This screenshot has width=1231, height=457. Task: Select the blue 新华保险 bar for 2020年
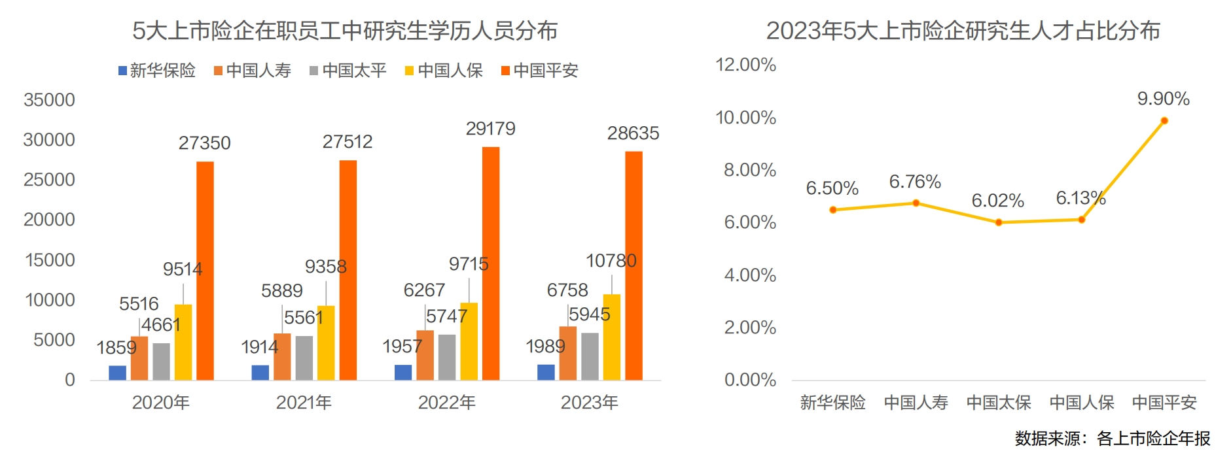(117, 373)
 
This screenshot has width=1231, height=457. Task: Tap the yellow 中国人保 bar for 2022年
(469, 341)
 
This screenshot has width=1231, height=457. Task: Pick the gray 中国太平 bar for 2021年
(304, 358)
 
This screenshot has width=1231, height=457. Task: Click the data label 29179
(490, 129)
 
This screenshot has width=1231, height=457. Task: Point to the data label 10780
(611, 261)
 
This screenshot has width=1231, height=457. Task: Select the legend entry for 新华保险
(157, 71)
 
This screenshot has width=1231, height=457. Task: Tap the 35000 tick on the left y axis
(49, 100)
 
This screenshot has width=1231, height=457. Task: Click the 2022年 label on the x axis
(447, 403)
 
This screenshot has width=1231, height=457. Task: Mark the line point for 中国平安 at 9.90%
(1164, 121)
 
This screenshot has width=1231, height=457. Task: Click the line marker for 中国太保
(999, 222)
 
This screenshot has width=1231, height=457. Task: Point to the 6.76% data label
(914, 182)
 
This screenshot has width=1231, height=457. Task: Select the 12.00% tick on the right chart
(745, 65)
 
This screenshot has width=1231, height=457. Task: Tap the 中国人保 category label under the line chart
(1081, 403)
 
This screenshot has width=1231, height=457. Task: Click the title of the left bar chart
(345, 31)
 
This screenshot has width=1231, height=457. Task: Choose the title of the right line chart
(963, 31)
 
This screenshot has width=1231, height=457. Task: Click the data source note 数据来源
(1112, 439)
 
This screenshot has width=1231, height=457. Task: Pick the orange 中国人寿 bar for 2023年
(567, 353)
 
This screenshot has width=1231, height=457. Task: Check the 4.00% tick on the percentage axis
(749, 275)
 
